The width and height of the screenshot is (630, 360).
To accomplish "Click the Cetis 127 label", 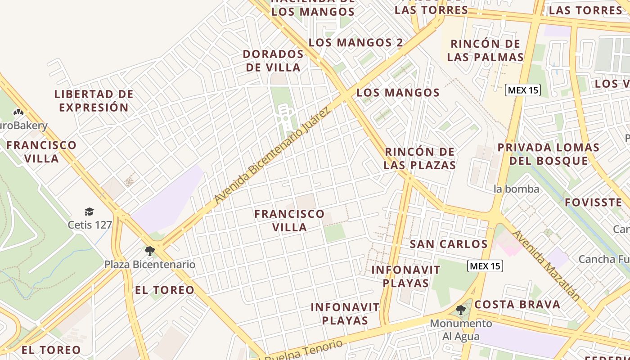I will pos(90,224).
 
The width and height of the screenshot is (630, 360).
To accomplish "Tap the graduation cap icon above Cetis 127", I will pos(89,211).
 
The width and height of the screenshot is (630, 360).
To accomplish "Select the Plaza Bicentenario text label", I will pos(150,264).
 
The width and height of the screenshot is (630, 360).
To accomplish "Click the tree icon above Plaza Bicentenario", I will pos(150,251).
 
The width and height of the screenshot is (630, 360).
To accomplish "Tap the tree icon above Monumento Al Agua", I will pos(460,310).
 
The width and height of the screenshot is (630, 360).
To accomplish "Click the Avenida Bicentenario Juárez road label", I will pos(272,155).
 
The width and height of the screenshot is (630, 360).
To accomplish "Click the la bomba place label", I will pos(516,189).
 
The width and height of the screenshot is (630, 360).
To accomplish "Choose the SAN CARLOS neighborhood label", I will pos(449,244).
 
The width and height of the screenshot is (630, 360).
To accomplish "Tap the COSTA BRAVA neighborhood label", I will pos(517,304).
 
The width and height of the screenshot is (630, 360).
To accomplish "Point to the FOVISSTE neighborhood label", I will pos(593,202).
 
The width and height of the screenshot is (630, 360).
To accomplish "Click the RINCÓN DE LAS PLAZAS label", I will pos(420,158).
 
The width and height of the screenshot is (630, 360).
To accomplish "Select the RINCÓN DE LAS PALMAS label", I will pos(486,50).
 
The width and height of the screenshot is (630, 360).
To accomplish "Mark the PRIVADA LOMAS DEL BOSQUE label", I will pos(549,154).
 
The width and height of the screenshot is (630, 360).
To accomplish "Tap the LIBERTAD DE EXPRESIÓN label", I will pos(94,101).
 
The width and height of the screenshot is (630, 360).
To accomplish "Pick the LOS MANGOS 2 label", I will pos(356,42).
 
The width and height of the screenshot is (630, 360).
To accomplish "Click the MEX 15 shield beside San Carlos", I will pos(485,266).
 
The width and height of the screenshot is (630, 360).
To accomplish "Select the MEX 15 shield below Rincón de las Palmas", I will pos(522,90).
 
